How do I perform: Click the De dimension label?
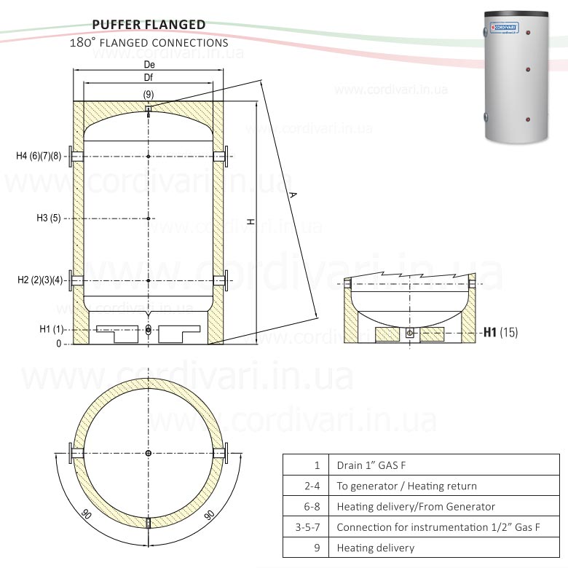(149, 65)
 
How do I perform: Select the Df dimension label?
(149, 76)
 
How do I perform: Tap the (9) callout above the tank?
(149, 95)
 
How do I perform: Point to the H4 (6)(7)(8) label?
(40, 156)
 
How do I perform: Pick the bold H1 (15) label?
(500, 332)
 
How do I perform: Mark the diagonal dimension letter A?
(293, 195)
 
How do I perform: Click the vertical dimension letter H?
(250, 222)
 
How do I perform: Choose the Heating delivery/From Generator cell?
(416, 506)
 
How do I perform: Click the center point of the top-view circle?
(149, 454)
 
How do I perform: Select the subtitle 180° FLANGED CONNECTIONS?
(149, 43)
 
